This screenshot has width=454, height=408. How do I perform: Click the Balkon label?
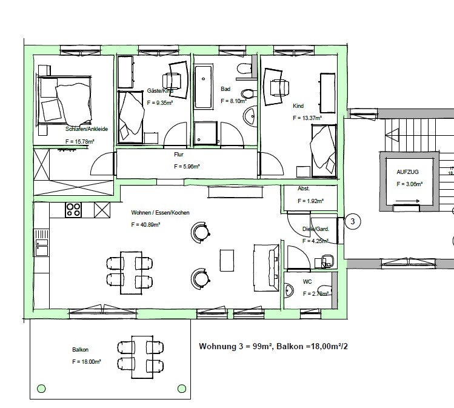[x=80, y=350]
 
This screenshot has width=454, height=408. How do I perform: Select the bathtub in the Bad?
[x=202, y=87]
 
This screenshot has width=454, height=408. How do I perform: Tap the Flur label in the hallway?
[x=178, y=155]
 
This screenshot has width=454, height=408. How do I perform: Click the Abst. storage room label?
[x=304, y=189]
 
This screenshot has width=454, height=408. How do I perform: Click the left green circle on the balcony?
[x=41, y=388]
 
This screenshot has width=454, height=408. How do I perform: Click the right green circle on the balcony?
[x=180, y=388]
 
